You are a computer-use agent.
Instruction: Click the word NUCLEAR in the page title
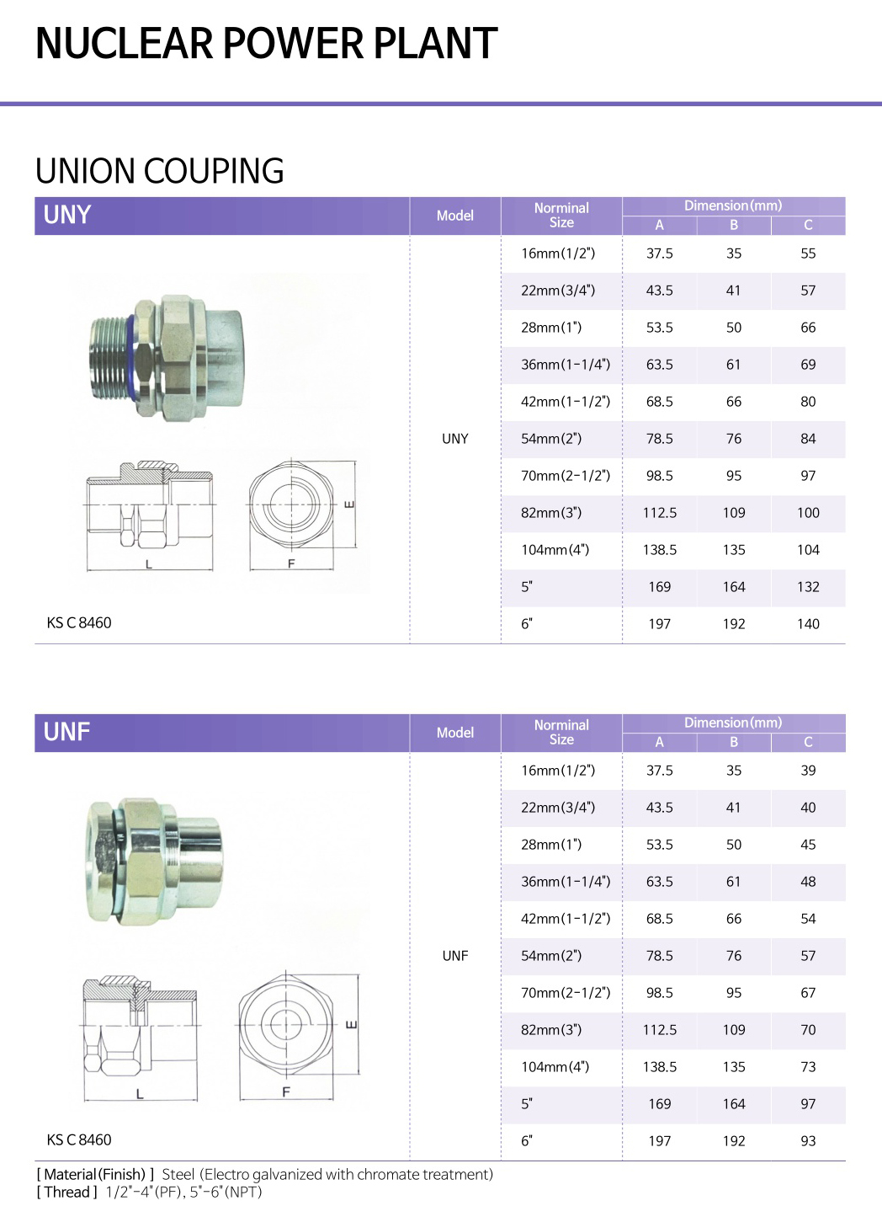pos(125,43)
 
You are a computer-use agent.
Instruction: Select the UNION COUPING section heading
pos(160,171)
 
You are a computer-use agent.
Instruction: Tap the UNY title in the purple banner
pos(67,215)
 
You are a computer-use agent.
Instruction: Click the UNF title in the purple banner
pos(66,732)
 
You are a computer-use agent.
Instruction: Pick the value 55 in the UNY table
pos(808,253)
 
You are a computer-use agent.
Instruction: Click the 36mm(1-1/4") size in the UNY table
pos(566,365)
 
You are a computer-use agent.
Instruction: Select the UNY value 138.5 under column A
pos(660,550)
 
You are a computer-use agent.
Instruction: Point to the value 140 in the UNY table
pos(808,624)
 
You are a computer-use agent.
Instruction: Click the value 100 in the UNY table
pos(808,513)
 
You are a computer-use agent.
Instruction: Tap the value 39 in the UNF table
pos(808,771)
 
